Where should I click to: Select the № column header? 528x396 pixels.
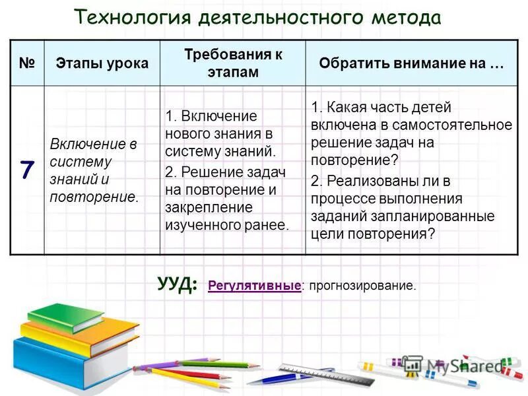tap(26, 63)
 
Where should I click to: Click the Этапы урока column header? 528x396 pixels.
tap(102, 63)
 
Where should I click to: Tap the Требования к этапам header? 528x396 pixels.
tap(232, 63)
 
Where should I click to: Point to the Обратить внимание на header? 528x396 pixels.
tap(411, 63)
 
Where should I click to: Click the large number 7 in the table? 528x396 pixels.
tap(26, 170)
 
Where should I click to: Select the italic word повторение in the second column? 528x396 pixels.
tap(93, 196)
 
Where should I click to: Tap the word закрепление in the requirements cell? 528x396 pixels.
tap(200, 208)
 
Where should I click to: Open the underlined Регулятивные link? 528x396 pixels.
tap(254, 286)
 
